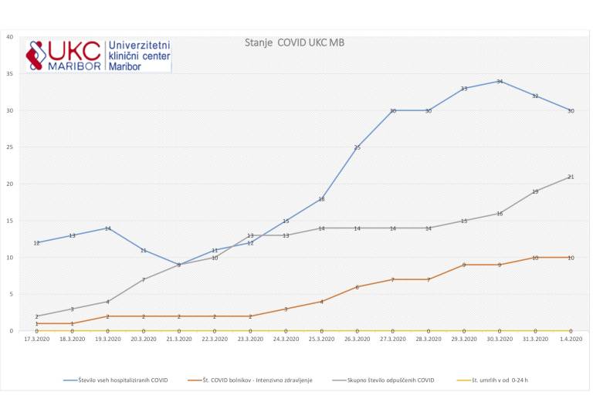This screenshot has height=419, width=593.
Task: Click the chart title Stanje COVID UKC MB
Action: point(293,42)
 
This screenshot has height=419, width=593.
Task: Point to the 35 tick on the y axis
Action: point(10,74)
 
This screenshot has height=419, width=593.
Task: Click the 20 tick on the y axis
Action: point(10,184)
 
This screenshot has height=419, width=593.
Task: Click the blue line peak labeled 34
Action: point(500,81)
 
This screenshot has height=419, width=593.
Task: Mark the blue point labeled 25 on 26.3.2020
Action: point(357,147)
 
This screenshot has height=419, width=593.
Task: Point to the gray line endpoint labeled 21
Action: point(571,177)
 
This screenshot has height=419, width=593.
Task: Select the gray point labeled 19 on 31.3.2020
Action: point(535,191)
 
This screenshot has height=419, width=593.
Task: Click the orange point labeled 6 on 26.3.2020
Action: point(357,287)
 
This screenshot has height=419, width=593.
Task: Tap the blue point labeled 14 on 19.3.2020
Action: point(107,228)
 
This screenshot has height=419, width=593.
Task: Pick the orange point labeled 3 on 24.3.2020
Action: point(286,309)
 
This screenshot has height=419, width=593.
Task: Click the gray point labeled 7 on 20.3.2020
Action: point(143,279)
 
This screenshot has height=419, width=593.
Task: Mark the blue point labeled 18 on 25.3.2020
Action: point(321,199)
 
